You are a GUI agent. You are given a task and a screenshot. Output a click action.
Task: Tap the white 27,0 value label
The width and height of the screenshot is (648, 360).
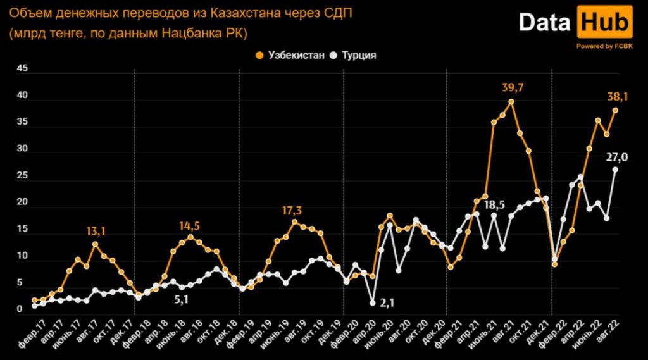[x=616, y=158]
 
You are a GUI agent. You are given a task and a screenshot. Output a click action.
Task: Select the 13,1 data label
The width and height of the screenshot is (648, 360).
[x=95, y=232]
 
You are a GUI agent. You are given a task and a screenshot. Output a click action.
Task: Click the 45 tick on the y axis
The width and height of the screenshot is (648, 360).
[x=22, y=70]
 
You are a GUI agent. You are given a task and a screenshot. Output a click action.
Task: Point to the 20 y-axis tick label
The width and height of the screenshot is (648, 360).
[x=22, y=202]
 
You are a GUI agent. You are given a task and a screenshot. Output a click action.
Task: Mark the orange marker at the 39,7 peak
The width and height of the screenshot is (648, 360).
[x=511, y=101]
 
